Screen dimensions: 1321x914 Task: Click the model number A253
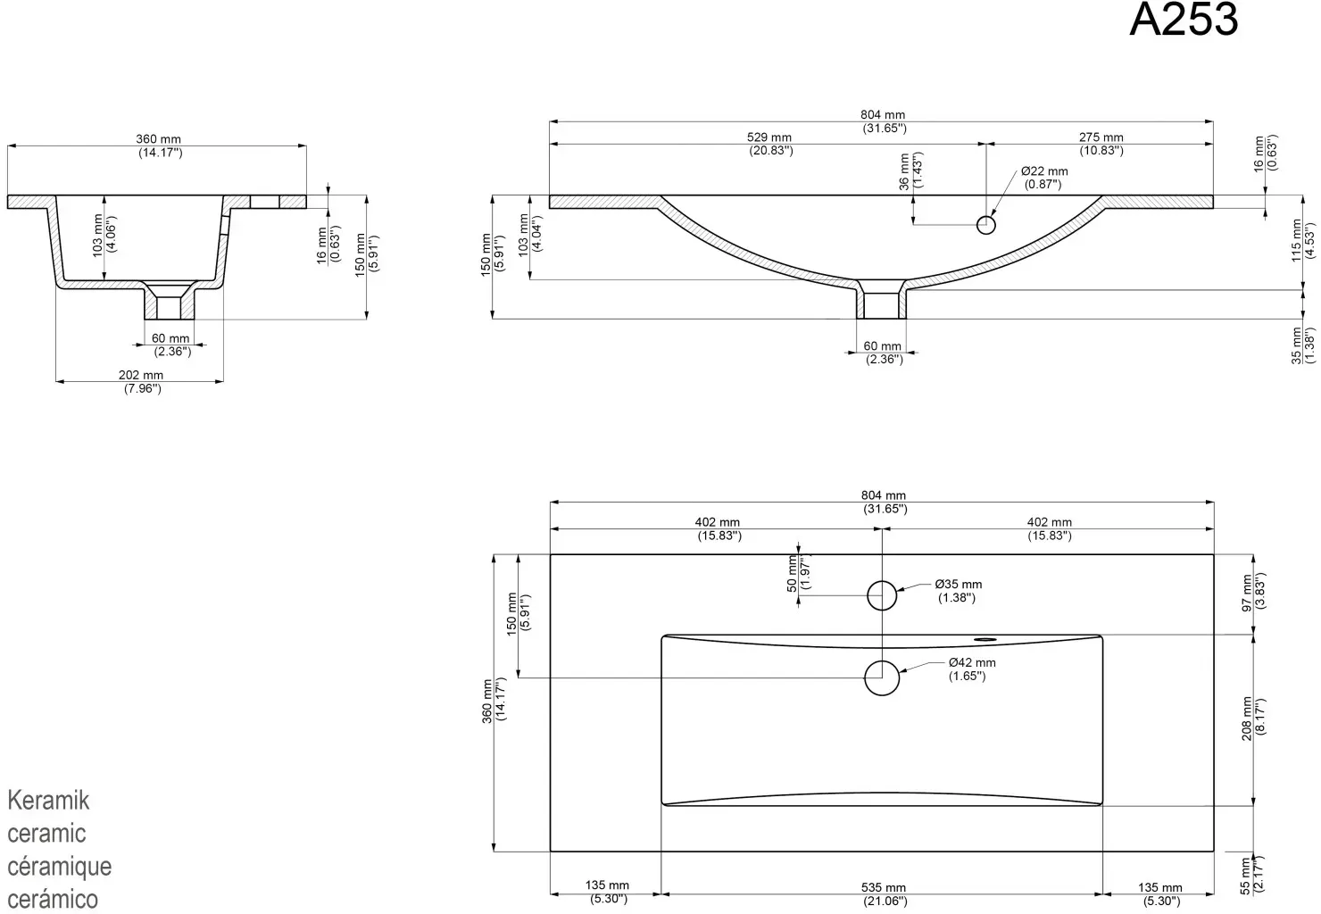(1183, 20)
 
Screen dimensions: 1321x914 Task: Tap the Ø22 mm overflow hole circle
(986, 225)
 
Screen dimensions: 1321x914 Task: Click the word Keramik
(48, 801)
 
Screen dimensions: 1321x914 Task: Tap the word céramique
(59, 867)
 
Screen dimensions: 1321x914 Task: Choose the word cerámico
(53, 899)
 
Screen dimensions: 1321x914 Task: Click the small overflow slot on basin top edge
(985, 638)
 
